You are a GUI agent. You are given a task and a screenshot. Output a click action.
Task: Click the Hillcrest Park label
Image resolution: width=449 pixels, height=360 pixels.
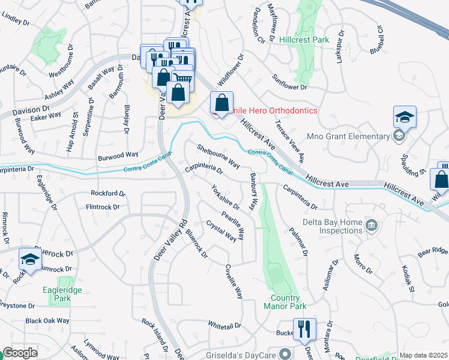pyautogui.click(x=304, y=40)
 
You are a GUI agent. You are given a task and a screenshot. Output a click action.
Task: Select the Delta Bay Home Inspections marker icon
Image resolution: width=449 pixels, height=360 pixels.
pyautogui.click(x=372, y=226)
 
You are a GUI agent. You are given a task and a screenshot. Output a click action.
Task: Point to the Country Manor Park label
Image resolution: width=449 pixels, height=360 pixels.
pyautogui.click(x=282, y=302)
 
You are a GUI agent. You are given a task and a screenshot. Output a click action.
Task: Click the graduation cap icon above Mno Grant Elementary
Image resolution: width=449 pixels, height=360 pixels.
pyautogui.click(x=405, y=118)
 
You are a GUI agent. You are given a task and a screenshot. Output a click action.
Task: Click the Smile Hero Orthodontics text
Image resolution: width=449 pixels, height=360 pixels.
pyautogui.click(x=267, y=111)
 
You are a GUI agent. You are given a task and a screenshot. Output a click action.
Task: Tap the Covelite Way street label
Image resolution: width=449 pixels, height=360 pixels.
pyautogui.click(x=234, y=282)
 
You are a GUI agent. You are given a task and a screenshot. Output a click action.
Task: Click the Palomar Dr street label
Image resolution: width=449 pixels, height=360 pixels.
pyautogui.click(x=298, y=242)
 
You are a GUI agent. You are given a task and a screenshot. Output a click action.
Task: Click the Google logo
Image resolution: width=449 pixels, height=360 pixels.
pyautogui.click(x=20, y=353)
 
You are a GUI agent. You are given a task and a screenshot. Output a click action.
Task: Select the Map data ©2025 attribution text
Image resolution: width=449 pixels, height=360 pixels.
pyautogui.click(x=423, y=355)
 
